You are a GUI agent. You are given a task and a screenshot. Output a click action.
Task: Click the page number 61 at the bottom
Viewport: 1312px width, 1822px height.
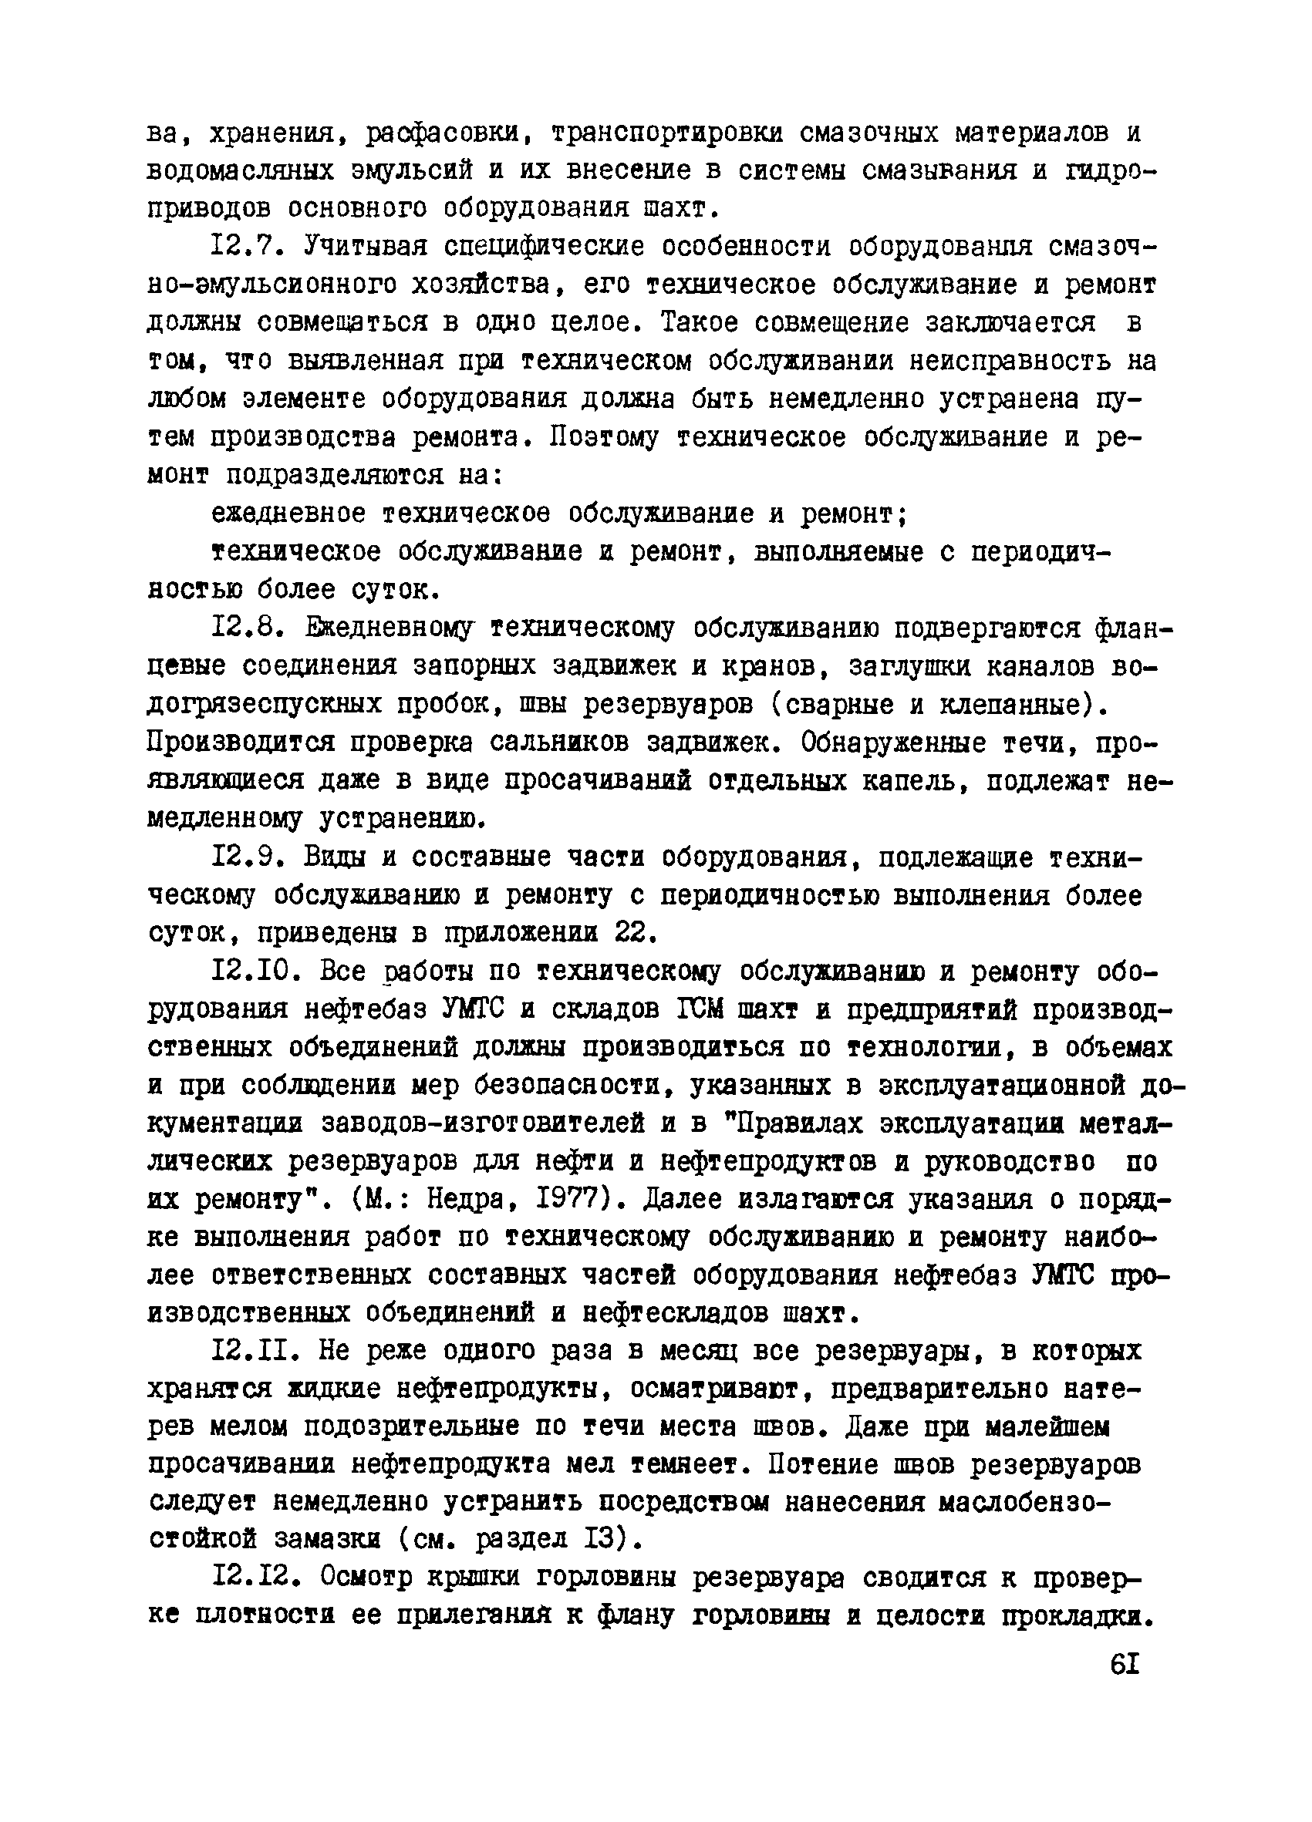1123,1664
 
